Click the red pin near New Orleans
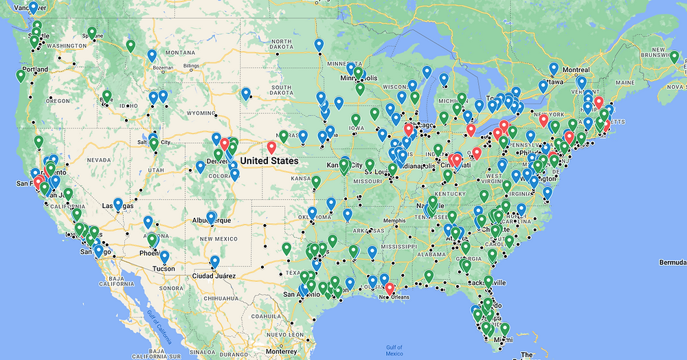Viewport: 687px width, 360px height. click(x=390, y=289)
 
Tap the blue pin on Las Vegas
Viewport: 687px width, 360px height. click(x=118, y=204)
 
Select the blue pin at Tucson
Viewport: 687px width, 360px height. click(x=164, y=256)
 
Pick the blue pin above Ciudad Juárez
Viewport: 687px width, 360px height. click(x=215, y=260)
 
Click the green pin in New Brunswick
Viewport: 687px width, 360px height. click(x=675, y=56)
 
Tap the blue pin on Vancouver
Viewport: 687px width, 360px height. click(x=33, y=8)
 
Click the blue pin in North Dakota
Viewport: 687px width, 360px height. click(x=319, y=45)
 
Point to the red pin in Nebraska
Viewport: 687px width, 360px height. click(x=272, y=146)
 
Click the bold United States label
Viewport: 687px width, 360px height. click(x=270, y=161)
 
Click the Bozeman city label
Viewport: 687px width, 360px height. click(x=164, y=68)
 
